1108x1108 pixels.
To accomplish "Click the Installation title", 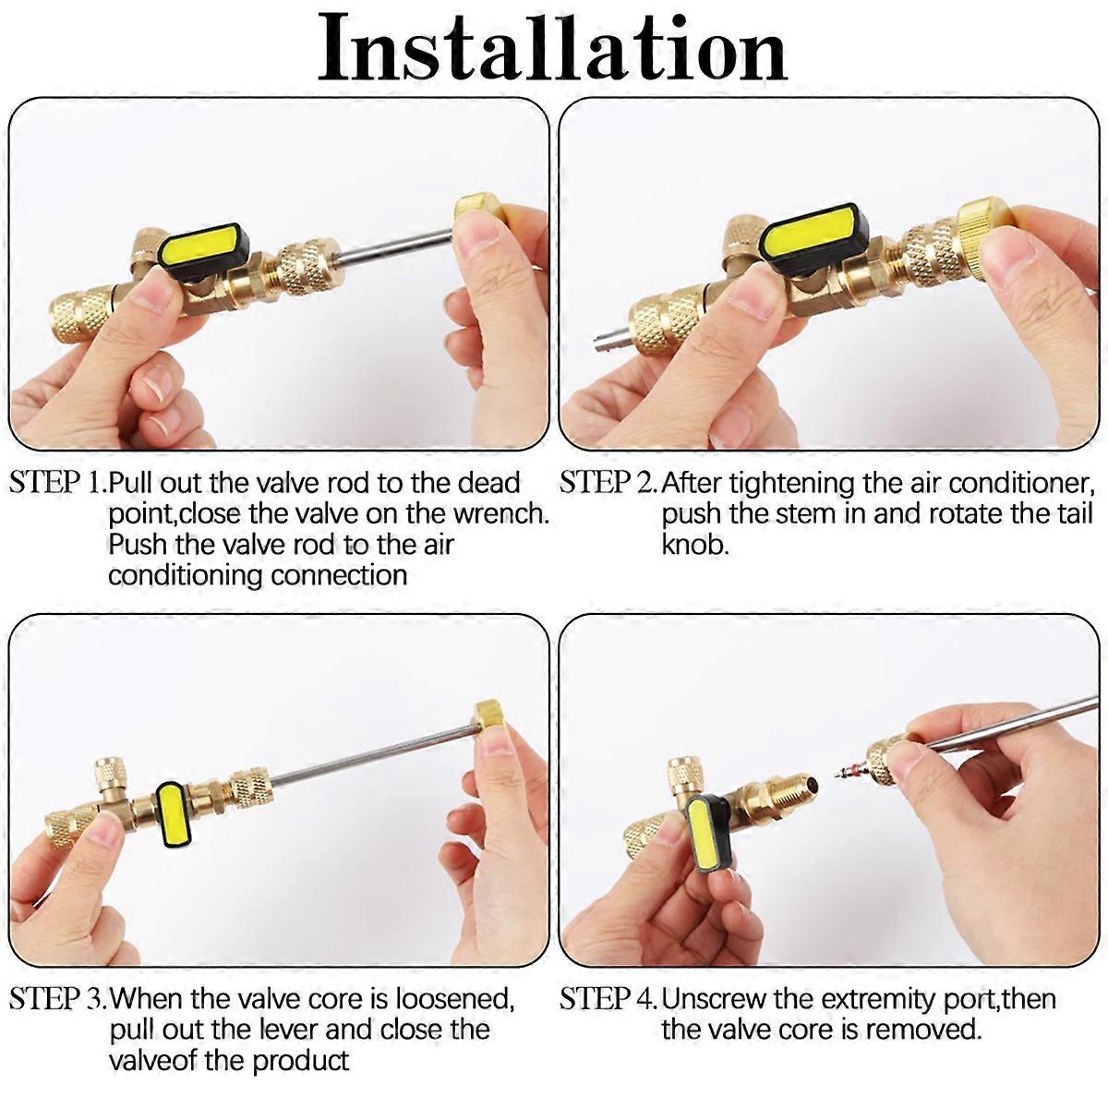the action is (552, 49).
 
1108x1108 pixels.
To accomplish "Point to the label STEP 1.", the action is (57, 483).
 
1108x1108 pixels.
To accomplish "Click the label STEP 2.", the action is (608, 483).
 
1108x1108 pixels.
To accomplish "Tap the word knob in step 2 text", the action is (695, 544).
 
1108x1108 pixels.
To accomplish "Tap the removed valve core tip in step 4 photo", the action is (850, 774).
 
